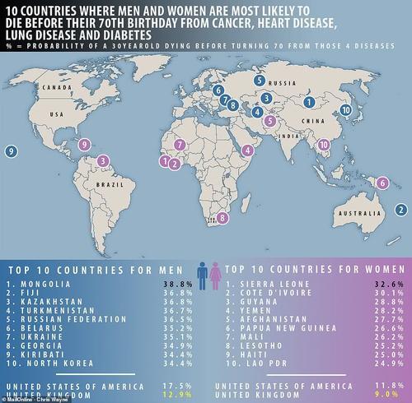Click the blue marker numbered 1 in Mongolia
point(308,102)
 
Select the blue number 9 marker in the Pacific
point(11,151)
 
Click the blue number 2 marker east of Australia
point(398,209)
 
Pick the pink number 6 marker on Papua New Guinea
point(383,171)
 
